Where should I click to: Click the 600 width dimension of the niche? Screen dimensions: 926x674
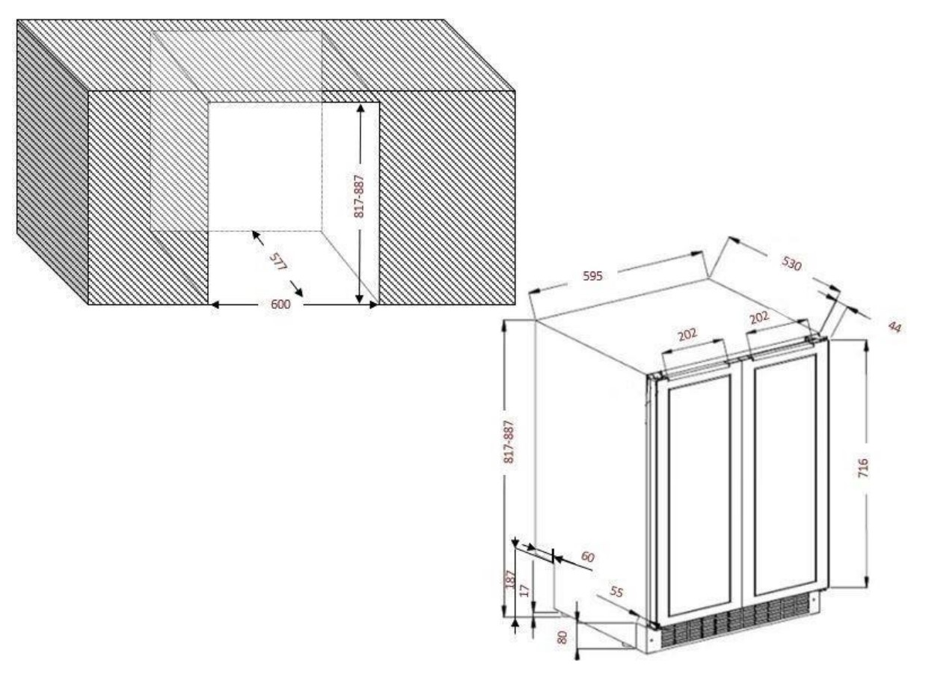pos(280,304)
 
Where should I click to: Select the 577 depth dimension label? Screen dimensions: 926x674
pos(278,261)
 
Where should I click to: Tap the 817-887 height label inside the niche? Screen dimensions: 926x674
pos(359,196)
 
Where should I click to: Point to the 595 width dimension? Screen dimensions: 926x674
pos(593,276)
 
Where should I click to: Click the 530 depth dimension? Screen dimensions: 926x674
pos(791,263)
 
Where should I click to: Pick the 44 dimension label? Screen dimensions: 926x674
pos(895,327)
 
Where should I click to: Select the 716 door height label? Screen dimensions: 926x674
pos(862,468)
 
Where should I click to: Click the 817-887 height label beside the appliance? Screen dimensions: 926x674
pos(509,441)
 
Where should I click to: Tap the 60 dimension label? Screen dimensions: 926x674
pos(587,557)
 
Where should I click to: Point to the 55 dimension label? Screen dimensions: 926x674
pos(616,592)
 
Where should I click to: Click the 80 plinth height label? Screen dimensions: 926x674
pos(562,637)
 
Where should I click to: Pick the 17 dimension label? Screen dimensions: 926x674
pos(524,590)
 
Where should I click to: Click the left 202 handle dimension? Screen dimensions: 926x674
pos(688,334)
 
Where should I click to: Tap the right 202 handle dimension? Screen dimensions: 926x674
pos(759,317)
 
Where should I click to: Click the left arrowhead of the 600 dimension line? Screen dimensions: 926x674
pos(215,304)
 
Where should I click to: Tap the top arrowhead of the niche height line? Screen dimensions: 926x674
pos(361,108)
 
